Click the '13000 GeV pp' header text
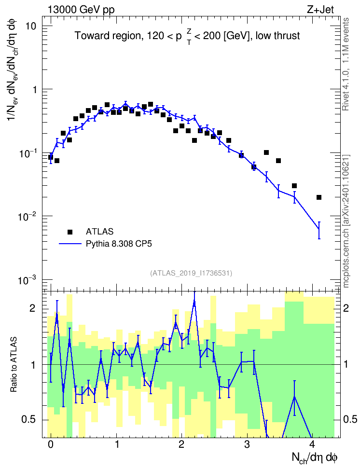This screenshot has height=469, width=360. coord(81,10)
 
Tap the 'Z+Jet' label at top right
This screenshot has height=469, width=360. coord(320,10)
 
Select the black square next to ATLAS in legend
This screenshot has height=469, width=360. coord(70,232)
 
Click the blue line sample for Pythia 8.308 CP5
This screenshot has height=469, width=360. coord(70,244)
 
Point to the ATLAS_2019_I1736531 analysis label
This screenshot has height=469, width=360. coord(191,273)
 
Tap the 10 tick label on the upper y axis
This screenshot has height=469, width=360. coord(30,27)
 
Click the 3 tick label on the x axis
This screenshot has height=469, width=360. coord(247,444)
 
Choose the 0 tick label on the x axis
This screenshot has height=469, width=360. coord(51,444)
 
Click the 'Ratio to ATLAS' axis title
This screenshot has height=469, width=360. coord(14,365)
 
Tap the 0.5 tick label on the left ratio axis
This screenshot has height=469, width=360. coord(29,419)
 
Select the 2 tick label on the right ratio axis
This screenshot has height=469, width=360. coord(346,308)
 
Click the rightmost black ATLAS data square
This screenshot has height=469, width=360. coord(319,197)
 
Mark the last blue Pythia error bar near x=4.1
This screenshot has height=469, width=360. coord(319,230)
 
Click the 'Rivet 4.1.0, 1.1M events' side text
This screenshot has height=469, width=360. coord(346,64)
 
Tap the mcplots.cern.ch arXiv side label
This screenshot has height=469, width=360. coord(346,221)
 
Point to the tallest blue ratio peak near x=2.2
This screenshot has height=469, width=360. coord(194,303)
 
